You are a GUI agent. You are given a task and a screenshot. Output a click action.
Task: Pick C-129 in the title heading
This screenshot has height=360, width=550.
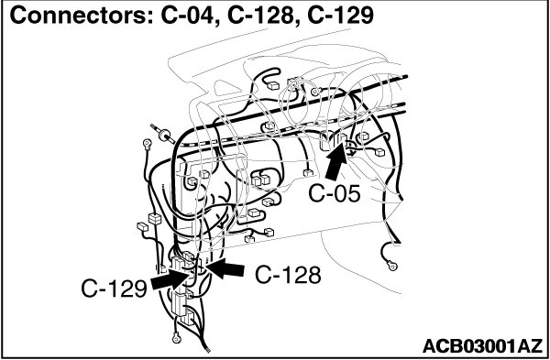341,16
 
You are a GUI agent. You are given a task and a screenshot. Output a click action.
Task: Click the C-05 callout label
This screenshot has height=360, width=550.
335,193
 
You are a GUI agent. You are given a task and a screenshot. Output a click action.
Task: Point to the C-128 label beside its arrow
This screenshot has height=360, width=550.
288,275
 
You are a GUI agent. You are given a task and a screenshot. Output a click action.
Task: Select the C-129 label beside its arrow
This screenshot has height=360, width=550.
114,289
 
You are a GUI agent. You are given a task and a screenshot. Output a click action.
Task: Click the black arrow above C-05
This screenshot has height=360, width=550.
336,161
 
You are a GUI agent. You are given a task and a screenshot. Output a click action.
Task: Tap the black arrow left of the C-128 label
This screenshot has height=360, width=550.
225,269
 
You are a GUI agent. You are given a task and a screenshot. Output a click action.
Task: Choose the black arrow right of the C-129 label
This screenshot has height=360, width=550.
170,279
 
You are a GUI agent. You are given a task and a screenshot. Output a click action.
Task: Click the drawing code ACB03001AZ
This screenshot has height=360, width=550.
482,346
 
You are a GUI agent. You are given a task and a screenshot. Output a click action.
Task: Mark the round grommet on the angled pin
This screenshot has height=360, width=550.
164,134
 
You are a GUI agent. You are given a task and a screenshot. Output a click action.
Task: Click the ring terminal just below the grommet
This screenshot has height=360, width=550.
147,143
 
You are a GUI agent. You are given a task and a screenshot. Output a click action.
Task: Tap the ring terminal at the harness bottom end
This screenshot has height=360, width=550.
176,338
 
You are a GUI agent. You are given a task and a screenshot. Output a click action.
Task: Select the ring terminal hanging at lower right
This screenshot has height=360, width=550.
392,266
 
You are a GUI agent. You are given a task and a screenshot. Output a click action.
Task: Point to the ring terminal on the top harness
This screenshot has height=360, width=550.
315,92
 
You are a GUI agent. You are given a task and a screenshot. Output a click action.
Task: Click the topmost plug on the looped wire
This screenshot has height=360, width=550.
272,85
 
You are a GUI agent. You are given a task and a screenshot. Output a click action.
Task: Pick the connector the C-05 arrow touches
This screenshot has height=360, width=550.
343,139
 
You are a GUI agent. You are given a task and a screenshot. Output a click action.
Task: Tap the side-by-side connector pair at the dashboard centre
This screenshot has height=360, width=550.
261,180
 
